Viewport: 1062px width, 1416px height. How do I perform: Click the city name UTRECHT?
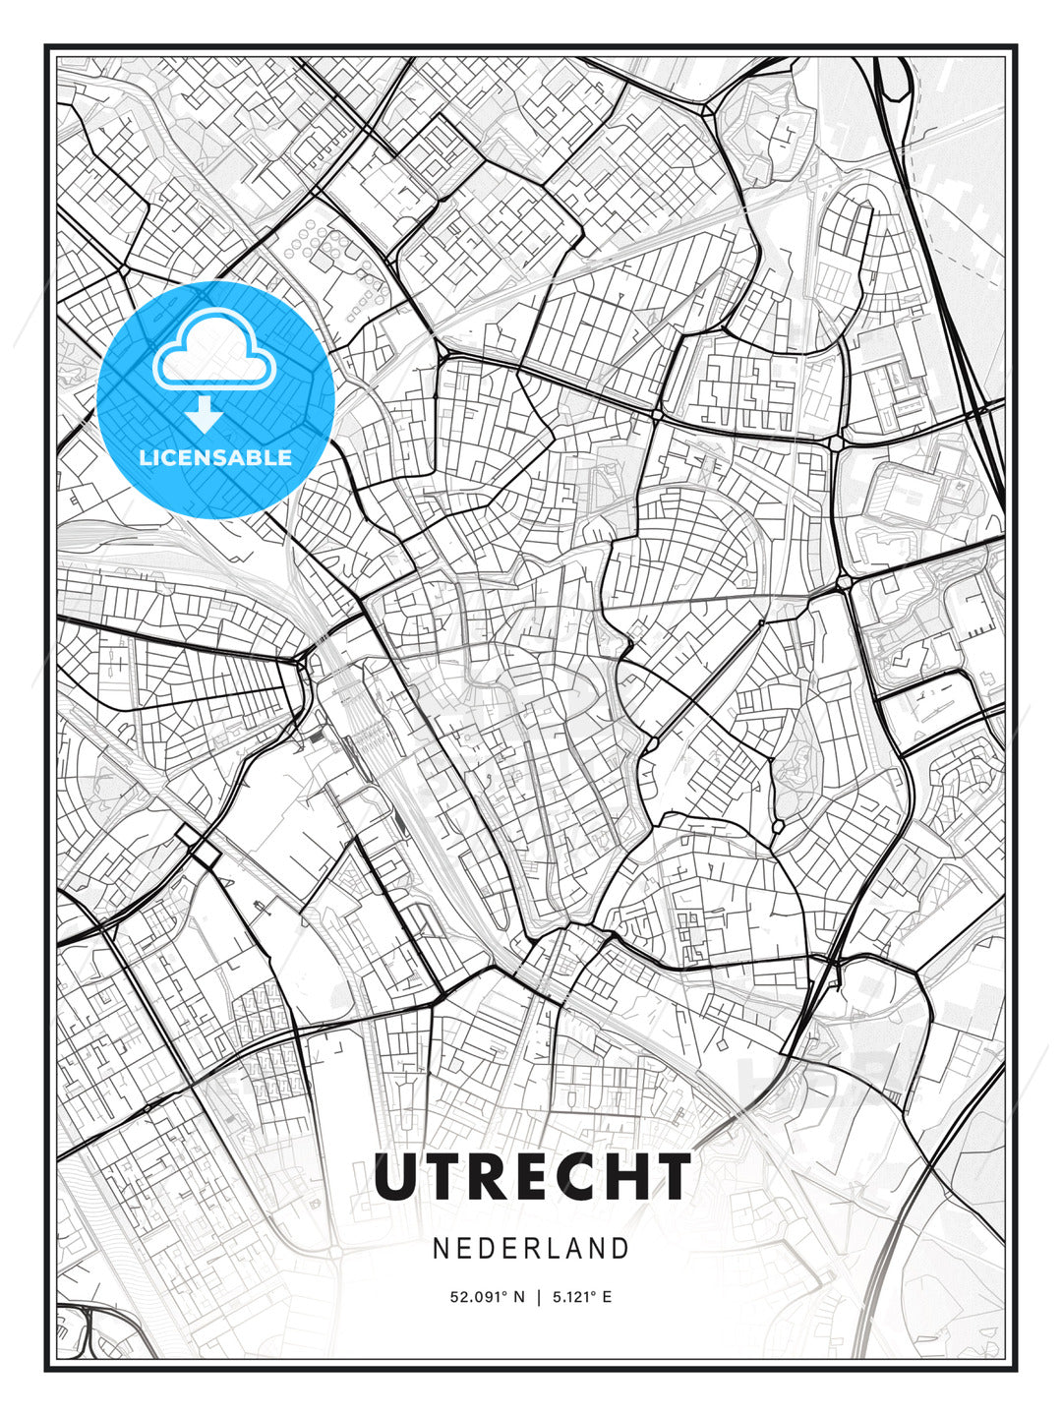[x=532, y=1177]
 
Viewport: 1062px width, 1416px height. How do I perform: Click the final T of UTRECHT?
[x=672, y=1177]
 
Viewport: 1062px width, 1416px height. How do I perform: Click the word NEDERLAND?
[x=531, y=1248]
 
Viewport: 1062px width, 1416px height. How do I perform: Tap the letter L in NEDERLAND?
[x=553, y=1248]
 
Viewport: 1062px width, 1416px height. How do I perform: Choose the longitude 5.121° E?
[x=582, y=1297]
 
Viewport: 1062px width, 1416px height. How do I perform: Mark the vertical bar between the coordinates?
[x=538, y=1297]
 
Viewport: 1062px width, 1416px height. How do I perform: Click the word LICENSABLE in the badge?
[x=215, y=457]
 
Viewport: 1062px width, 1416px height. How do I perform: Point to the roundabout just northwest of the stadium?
[x=837, y=443]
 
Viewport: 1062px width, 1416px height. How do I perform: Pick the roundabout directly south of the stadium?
[x=844, y=583]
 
